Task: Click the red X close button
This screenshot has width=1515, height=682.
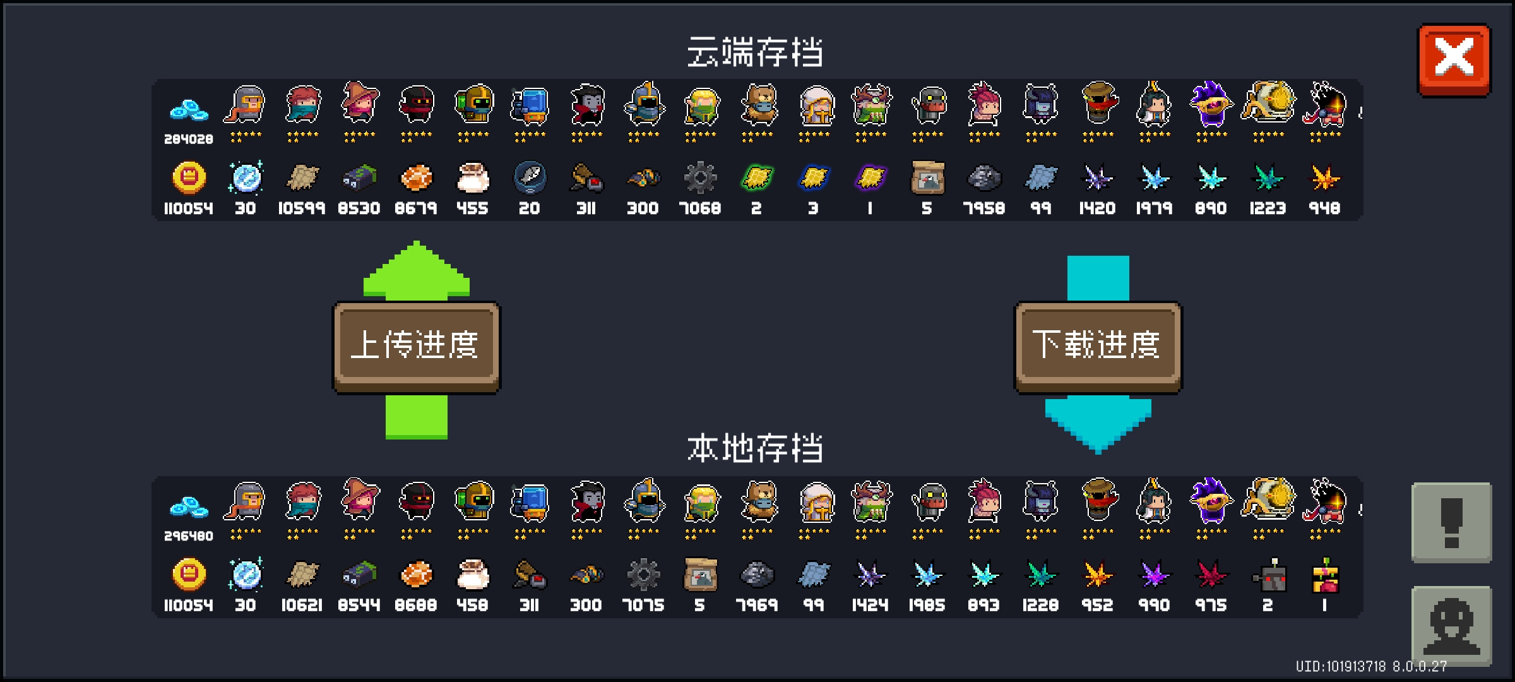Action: [x=1454, y=60]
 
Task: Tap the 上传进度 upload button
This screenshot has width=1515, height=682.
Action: [x=416, y=347]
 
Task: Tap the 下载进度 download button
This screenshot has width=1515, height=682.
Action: [x=1098, y=347]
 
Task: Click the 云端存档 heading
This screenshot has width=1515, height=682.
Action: [x=755, y=52]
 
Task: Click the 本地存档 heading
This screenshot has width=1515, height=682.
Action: [x=755, y=448]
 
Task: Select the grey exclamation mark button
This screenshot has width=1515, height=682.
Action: [x=1452, y=522]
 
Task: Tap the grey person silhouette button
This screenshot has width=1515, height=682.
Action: [x=1452, y=626]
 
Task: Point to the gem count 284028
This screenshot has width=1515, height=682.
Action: [x=189, y=139]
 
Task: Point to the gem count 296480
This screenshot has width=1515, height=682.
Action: [x=189, y=535]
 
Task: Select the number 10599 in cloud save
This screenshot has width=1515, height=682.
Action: [x=302, y=208]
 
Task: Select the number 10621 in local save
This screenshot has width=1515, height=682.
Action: [x=302, y=604]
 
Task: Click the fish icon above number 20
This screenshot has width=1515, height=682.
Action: [x=530, y=177]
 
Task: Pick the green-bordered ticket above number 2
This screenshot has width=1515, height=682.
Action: [x=757, y=177]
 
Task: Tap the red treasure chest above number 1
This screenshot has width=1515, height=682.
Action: [x=1325, y=575]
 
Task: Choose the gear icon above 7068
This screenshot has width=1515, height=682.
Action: [x=700, y=177]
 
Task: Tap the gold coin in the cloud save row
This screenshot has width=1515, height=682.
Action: [x=189, y=177]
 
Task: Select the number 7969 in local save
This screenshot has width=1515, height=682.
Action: [x=756, y=604]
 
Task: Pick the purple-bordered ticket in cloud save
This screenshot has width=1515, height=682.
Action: [x=870, y=177]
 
